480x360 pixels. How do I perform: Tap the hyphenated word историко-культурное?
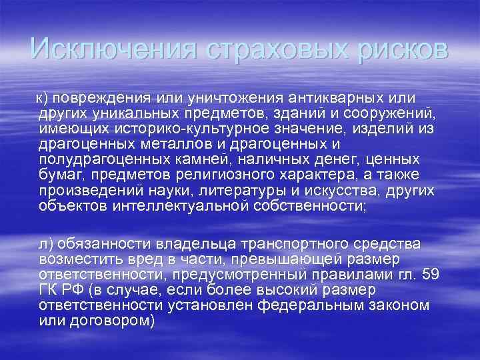click(193, 127)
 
